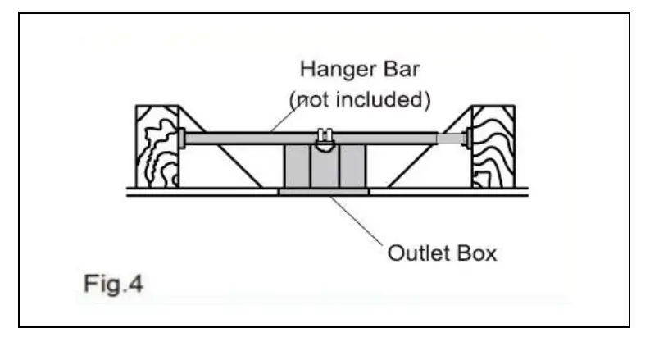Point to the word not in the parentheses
point(310,100)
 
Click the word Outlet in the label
point(414,252)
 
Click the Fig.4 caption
point(111,285)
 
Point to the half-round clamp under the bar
point(324,148)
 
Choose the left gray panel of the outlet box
point(296,166)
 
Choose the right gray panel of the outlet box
point(352,166)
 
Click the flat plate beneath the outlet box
point(324,192)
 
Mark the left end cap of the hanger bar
point(183,138)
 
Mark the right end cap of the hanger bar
point(467,138)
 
